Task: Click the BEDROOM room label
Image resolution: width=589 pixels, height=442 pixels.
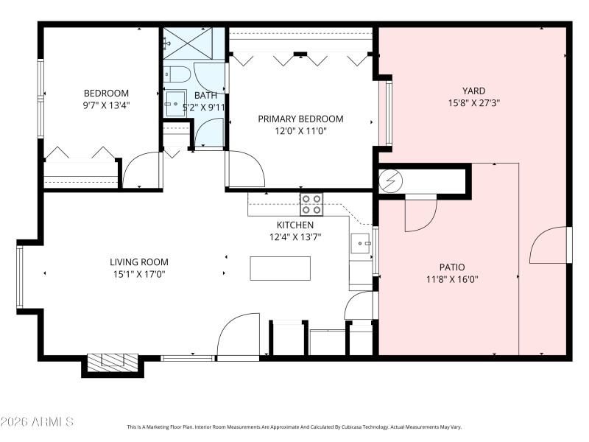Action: pyautogui.click(x=106, y=94)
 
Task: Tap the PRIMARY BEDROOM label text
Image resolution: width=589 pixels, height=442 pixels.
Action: pyautogui.click(x=300, y=119)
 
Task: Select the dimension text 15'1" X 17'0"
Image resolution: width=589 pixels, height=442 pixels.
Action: pyautogui.click(x=138, y=275)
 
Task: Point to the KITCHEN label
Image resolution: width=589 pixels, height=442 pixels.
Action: pyautogui.click(x=294, y=225)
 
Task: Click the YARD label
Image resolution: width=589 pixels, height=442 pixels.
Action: pyautogui.click(x=473, y=91)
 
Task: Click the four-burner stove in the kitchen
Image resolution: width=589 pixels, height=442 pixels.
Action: pyautogui.click(x=311, y=204)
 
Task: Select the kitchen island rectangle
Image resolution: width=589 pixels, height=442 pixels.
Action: pyautogui.click(x=280, y=268)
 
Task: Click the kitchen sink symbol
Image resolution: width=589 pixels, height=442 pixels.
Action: pyautogui.click(x=361, y=242)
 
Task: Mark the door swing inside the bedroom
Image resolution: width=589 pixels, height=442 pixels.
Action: pyautogui.click(x=141, y=171)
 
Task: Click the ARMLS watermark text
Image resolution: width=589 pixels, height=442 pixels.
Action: pyautogui.click(x=37, y=422)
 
